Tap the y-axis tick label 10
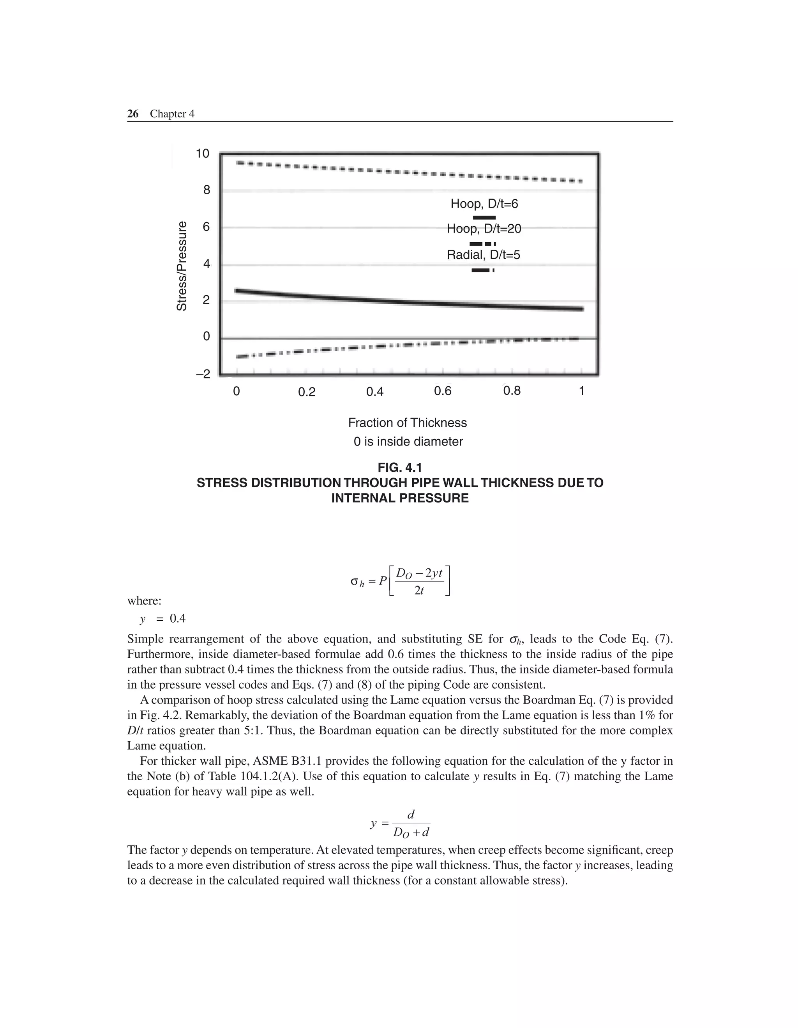(x=202, y=153)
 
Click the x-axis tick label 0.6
(x=443, y=391)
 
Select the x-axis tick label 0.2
(x=307, y=392)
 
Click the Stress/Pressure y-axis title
(x=182, y=266)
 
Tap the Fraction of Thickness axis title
(x=407, y=423)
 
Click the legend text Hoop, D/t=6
(x=484, y=204)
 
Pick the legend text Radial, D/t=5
(x=484, y=255)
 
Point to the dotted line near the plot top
(x=409, y=172)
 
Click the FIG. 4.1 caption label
(x=400, y=467)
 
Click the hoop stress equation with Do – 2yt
(x=401, y=581)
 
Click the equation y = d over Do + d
(x=401, y=824)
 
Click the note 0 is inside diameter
(x=408, y=442)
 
